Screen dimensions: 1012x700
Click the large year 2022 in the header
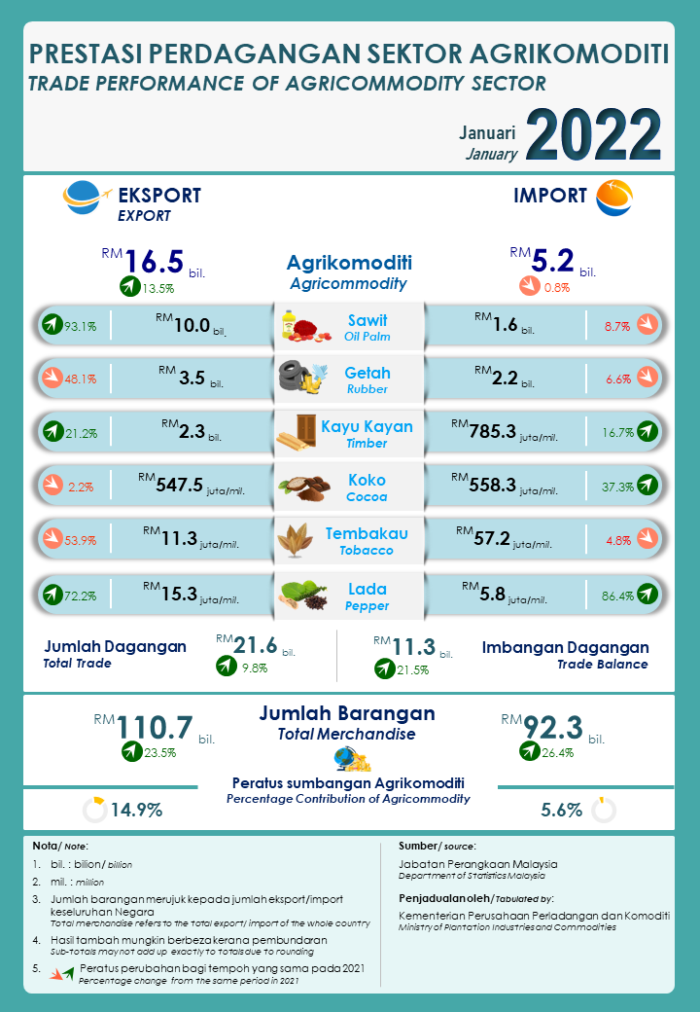[x=594, y=134]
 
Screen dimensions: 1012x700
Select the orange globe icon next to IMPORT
[x=613, y=197]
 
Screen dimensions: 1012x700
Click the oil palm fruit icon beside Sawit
[x=302, y=325]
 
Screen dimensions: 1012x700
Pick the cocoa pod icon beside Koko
[x=300, y=486]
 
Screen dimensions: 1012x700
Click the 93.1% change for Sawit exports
[x=80, y=327]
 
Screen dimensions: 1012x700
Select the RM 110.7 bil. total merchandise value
[x=156, y=727]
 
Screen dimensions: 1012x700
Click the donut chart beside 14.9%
[x=94, y=810]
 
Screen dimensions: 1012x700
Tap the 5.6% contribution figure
[x=561, y=810]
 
